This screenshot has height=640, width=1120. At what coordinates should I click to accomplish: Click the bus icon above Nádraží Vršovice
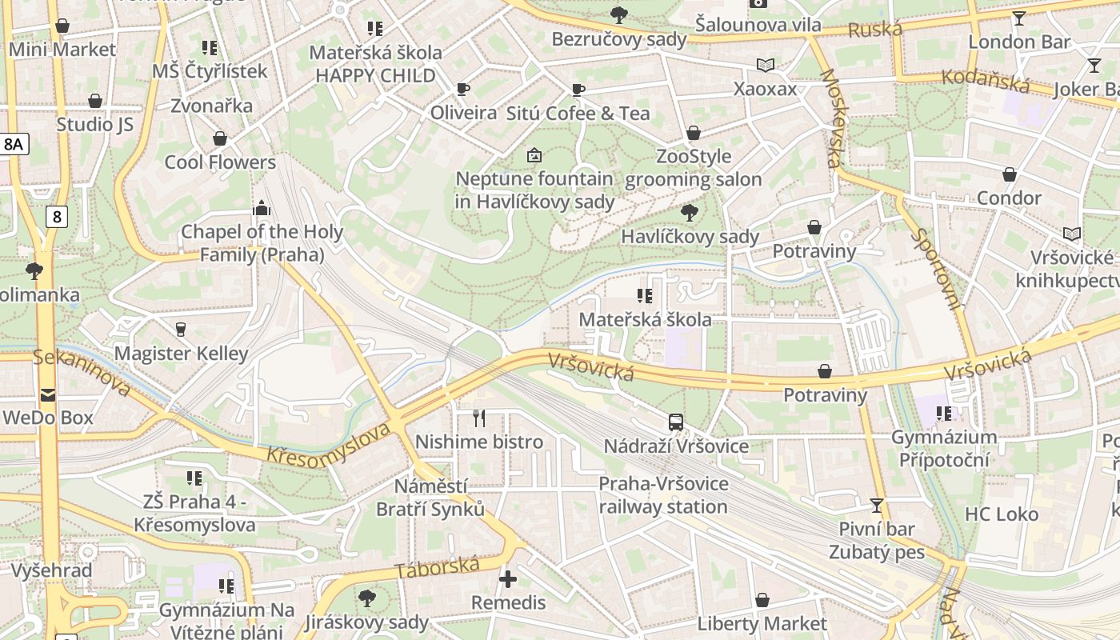(676, 422)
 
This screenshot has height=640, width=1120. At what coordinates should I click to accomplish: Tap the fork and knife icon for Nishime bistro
(479, 418)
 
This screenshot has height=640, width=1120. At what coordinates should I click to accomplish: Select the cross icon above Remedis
(508, 578)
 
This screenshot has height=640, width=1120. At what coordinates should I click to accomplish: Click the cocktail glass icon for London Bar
(1018, 18)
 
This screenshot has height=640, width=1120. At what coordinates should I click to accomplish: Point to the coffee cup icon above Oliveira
(462, 89)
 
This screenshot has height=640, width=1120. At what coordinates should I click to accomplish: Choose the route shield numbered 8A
(14, 144)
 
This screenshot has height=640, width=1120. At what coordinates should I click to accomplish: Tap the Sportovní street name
(937, 269)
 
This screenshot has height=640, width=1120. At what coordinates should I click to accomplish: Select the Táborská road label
(438, 567)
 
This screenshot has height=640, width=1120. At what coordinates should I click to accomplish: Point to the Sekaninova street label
(82, 372)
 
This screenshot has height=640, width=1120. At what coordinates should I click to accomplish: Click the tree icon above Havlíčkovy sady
(689, 212)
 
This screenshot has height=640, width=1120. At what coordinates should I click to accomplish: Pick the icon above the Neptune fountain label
(534, 154)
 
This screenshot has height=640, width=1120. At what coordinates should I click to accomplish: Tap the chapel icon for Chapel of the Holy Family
(261, 208)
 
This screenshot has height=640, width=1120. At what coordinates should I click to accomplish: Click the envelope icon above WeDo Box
(48, 394)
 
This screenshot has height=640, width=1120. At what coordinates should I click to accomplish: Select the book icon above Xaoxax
(766, 65)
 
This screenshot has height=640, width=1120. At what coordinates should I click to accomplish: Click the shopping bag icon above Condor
(1010, 174)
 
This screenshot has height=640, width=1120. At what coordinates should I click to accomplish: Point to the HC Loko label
(1002, 514)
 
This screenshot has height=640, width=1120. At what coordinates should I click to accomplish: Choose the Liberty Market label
(762, 623)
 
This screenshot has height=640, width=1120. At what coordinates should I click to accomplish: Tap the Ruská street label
(875, 30)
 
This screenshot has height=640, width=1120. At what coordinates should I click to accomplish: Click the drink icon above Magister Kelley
(181, 329)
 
